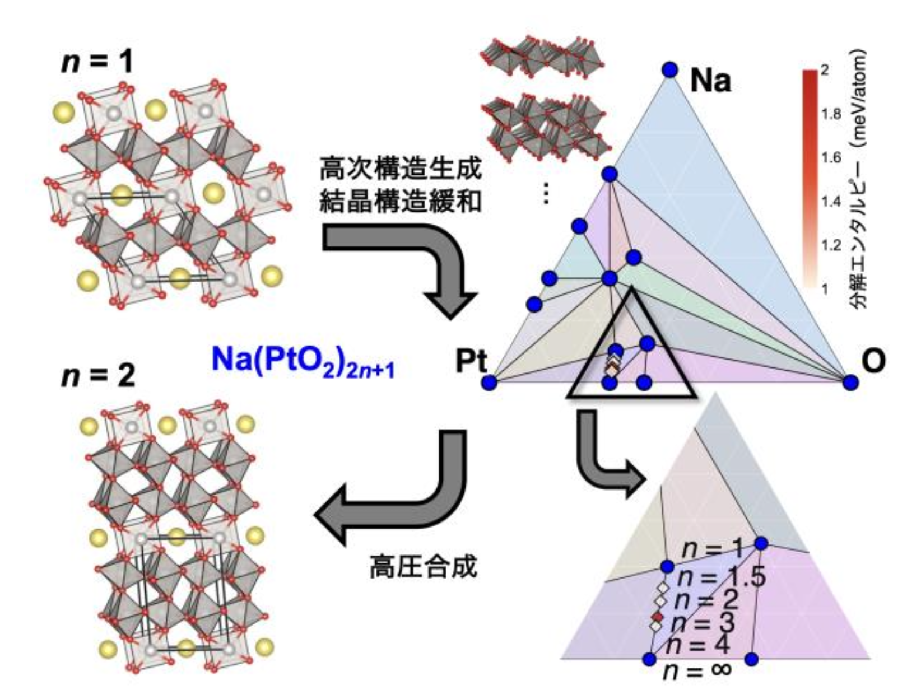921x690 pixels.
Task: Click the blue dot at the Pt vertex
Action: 489,383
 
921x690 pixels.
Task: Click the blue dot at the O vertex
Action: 850,383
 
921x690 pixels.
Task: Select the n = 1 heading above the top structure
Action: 97,60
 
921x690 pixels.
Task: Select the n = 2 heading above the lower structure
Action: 98,375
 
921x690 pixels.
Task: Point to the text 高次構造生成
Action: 400,169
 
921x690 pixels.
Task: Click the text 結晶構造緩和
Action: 400,201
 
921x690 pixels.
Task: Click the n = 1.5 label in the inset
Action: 720,576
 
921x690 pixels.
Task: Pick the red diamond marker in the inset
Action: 657,617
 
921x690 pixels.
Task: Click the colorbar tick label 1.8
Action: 831,114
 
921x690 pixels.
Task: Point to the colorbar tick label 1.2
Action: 831,245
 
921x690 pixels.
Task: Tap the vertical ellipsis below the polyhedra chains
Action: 547,194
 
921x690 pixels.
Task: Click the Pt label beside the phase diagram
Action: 471,361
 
